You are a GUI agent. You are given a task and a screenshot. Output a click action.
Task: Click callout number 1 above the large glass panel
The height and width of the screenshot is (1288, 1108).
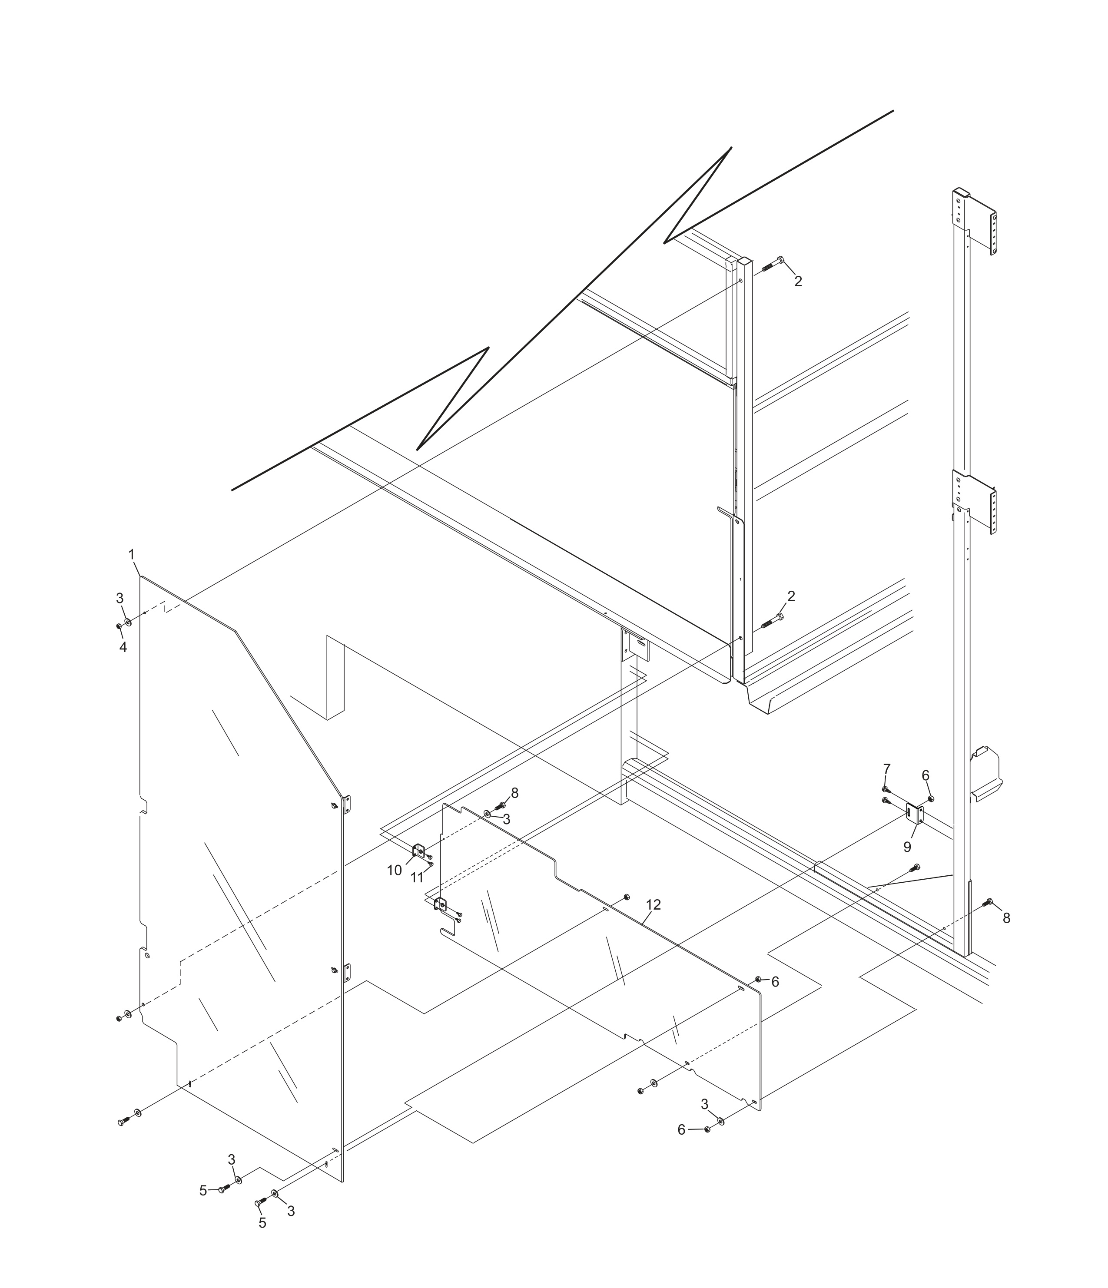click(131, 553)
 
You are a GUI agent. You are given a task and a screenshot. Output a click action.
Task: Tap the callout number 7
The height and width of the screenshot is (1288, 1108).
click(887, 768)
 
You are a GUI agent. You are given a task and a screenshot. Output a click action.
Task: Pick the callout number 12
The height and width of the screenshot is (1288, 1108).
click(653, 904)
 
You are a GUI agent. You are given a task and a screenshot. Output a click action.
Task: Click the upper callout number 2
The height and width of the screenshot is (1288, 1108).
click(798, 281)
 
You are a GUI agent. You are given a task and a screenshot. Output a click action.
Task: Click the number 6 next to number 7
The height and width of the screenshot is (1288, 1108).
click(925, 776)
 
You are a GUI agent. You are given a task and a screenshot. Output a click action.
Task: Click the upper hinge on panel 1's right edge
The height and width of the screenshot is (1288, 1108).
click(347, 803)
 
